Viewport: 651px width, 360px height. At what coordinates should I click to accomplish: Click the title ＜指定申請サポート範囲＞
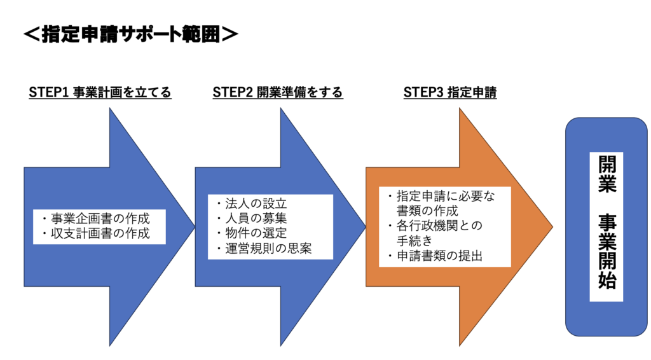pyautogui.click(x=130, y=34)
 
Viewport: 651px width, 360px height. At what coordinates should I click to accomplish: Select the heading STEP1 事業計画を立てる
pyautogui.click(x=100, y=93)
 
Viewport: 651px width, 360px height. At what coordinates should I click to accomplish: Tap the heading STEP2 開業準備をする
pyautogui.click(x=278, y=93)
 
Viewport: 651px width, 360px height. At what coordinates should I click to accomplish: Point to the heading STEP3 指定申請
pyautogui.click(x=450, y=93)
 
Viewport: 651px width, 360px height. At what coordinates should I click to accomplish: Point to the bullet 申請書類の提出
pyautogui.click(x=439, y=256)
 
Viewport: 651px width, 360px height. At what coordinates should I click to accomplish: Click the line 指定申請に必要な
pyautogui.click(x=442, y=196)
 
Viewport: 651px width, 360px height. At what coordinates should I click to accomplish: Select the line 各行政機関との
pyautogui.click(x=439, y=226)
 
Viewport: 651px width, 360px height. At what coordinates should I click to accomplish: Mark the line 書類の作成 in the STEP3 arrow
pyautogui.click(x=427, y=211)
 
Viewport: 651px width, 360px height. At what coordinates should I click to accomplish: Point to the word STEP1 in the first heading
pyautogui.click(x=48, y=93)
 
